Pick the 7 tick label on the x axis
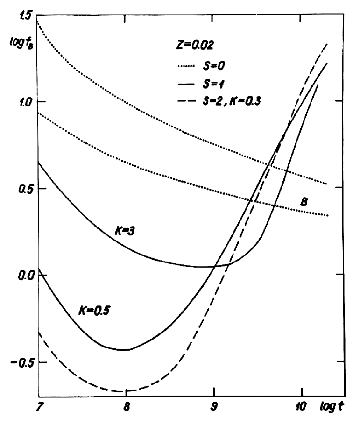pyautogui.click(x=39, y=406)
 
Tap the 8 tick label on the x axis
pyautogui.click(x=126, y=406)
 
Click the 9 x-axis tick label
pyautogui.click(x=213, y=406)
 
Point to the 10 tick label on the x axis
pyautogui.click(x=301, y=406)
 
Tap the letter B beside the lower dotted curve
pyautogui.click(x=304, y=203)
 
